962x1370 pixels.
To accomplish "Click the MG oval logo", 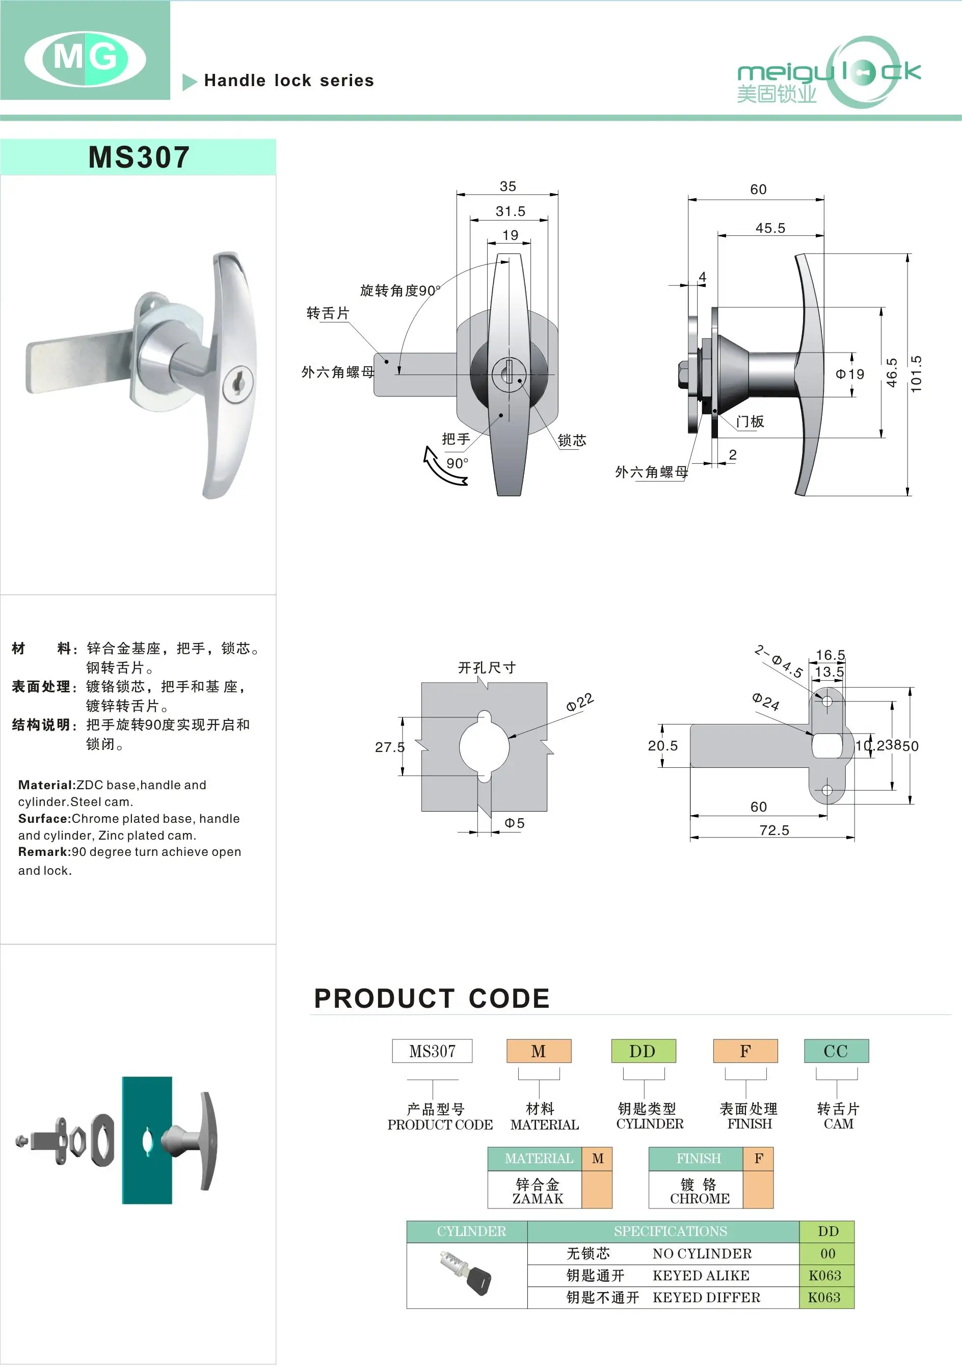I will [x=85, y=58].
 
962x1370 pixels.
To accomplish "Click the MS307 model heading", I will [x=139, y=157].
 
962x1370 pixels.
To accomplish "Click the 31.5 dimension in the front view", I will [x=510, y=211].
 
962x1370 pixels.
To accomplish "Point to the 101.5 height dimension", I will [x=916, y=374].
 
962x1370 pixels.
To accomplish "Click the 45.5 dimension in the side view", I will [x=770, y=228].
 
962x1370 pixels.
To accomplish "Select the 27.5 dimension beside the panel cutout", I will [x=389, y=747].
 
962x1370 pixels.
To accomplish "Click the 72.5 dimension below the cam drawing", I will [x=774, y=830].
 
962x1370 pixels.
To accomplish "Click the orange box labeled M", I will [x=538, y=1051].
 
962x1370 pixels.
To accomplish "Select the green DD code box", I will [x=643, y=1051].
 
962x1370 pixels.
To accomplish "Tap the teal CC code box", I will [x=836, y=1051].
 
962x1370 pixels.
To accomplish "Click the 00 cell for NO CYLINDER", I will [x=827, y=1253].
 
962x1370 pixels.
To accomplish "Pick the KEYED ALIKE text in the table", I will [x=701, y=1275].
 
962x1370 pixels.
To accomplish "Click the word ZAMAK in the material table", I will [x=537, y=1198].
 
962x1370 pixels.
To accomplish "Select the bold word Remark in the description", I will [x=43, y=851].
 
